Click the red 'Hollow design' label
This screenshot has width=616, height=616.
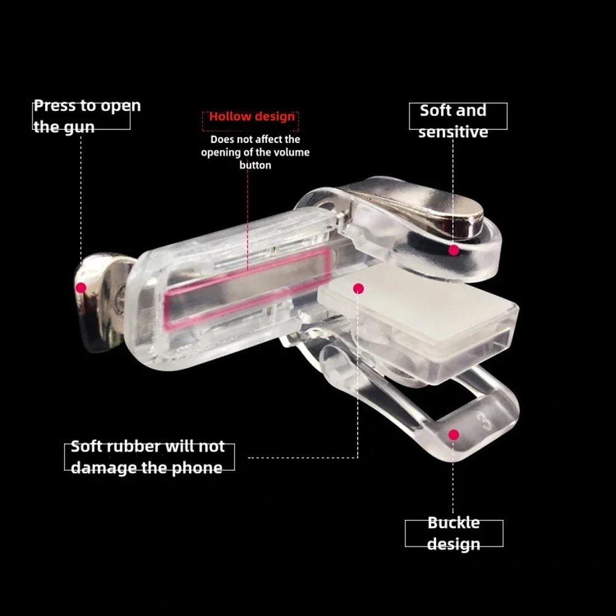pos(252,116)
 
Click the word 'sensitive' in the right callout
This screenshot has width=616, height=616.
pos(453,132)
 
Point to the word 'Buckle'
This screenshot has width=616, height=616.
pos(454,522)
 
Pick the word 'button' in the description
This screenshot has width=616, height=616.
pos(256,165)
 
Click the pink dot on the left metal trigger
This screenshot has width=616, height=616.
pos(81,288)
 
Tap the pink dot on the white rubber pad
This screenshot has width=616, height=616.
pos(359,289)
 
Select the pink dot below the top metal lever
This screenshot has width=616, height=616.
pos(454,250)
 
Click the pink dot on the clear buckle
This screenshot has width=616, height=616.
pos(454,434)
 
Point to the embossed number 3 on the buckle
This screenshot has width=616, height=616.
pos(484,421)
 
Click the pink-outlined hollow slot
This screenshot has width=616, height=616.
pos(248,289)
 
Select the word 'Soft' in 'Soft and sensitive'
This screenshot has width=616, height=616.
pos(434,110)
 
